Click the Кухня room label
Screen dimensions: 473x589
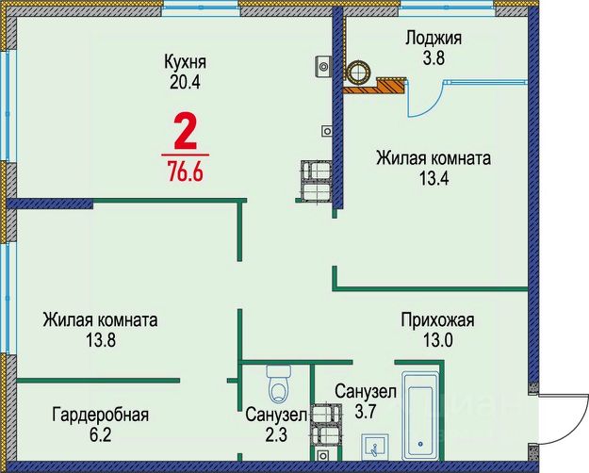click(x=185, y=62)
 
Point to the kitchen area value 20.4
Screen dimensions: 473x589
click(x=185, y=81)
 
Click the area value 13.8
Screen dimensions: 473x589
click(x=100, y=340)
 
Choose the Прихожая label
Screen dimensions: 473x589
click(x=436, y=320)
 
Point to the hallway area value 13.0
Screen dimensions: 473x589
click(x=436, y=339)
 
